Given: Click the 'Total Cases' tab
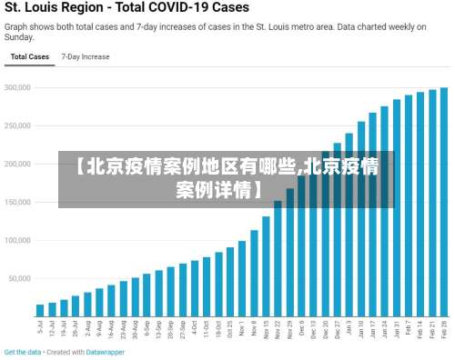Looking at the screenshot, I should coord(29,56).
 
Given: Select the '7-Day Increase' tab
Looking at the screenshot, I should coord(86,56).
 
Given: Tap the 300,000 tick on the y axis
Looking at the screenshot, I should coord(17,88).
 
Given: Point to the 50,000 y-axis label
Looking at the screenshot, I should coord(19,279).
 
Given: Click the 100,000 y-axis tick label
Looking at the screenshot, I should coord(17,241).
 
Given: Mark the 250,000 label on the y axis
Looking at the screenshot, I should coord(17,126).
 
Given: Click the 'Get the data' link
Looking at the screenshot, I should coord(23,352).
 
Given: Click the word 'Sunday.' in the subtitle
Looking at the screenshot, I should coord(21,38).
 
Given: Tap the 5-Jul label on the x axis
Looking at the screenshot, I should coord(40,326).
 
